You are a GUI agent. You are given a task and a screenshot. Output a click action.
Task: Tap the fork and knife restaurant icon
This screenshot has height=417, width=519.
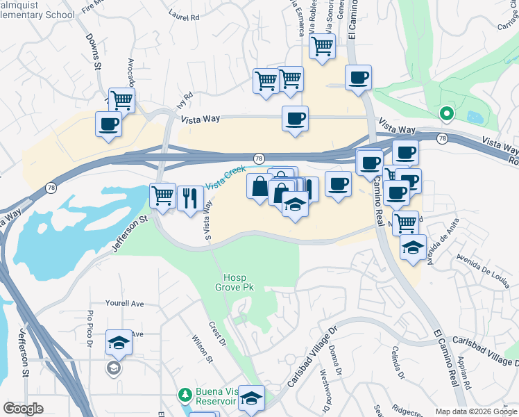(189, 198)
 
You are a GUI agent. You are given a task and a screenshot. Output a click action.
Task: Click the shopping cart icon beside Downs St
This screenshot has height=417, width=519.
(121, 100)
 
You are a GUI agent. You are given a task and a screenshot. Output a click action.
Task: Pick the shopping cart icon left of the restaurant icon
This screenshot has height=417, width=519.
(162, 195)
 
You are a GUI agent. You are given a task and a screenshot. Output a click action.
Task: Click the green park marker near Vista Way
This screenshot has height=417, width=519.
(445, 113)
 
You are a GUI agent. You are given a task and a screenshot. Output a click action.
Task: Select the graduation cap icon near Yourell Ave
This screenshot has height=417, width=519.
(119, 342)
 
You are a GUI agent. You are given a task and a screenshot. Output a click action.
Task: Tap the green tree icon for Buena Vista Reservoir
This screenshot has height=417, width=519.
(185, 395)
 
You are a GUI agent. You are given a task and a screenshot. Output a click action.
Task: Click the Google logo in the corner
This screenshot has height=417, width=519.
(23, 409)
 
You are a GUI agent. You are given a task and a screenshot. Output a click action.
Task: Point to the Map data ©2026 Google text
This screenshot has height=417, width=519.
(475, 411)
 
